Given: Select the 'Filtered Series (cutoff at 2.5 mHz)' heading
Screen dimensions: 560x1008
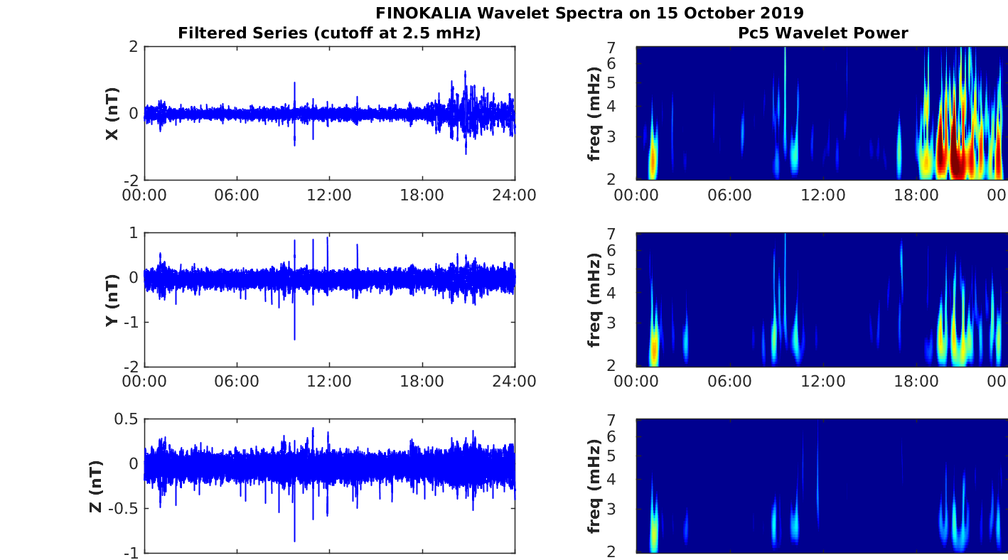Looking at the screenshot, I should pyautogui.click(x=329, y=33).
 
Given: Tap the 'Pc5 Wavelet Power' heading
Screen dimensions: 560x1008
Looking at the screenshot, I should pyautogui.click(x=822, y=33).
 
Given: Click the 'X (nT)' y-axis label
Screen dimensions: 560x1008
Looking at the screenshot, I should pyautogui.click(x=112, y=114).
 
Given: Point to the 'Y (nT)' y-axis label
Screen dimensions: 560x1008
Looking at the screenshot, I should pyautogui.click(x=112, y=300).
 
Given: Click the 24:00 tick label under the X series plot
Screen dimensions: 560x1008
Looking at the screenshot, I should pyautogui.click(x=515, y=195).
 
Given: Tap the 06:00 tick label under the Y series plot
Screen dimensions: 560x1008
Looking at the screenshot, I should pyautogui.click(x=237, y=382).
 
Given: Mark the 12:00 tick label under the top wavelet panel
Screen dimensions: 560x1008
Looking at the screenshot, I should pyautogui.click(x=822, y=195).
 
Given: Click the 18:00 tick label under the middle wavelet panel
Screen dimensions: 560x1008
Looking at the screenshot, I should pyautogui.click(x=916, y=382).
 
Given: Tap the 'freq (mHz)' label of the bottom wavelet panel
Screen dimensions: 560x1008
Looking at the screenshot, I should pyautogui.click(x=594, y=486).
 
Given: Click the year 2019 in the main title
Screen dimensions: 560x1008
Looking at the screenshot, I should pyautogui.click(x=780, y=13).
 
